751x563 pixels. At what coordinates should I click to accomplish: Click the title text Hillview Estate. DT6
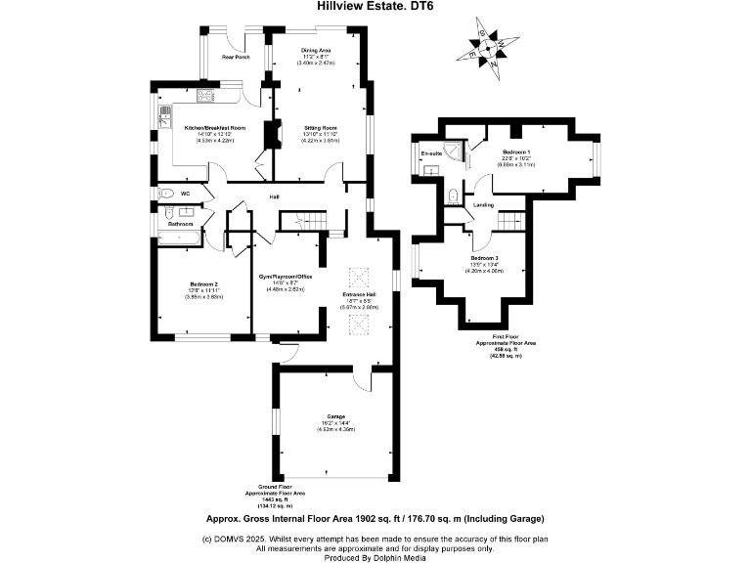375,6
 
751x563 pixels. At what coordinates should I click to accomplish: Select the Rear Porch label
236,58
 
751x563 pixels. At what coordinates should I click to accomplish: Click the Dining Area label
315,50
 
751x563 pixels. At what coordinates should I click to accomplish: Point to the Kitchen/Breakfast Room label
215,128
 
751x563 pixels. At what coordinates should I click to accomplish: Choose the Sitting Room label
322,128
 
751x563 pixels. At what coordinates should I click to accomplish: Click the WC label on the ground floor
184,194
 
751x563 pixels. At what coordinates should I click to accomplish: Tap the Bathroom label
180,225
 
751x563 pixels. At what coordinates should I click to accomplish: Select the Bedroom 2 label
204,283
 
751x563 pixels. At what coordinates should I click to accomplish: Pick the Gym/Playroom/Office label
285,277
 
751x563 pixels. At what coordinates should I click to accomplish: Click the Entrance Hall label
359,293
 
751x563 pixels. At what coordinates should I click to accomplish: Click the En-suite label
431,154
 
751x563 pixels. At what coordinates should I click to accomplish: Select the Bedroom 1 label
516,152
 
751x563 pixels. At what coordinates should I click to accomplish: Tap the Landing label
483,205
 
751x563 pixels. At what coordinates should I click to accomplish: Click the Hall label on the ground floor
275,196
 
